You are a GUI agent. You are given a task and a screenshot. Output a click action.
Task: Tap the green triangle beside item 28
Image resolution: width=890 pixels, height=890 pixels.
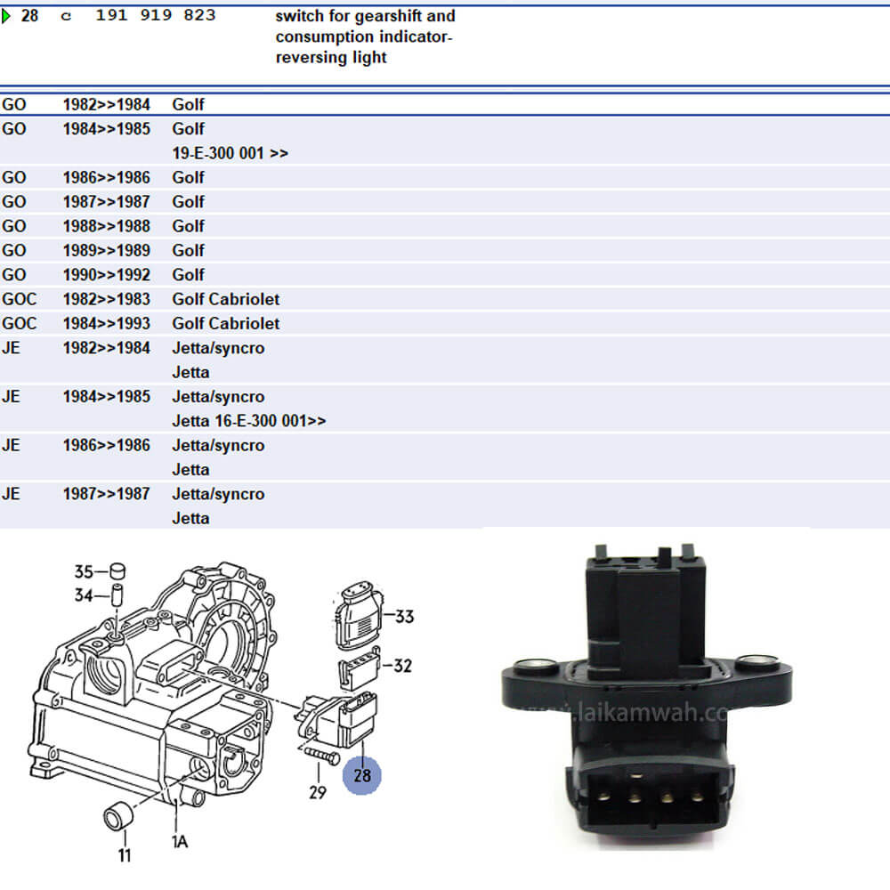click(6, 16)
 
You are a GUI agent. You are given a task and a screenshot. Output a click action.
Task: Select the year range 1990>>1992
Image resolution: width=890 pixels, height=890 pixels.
click(106, 275)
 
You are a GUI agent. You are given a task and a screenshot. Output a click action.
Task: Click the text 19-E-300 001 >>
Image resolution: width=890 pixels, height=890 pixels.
click(230, 153)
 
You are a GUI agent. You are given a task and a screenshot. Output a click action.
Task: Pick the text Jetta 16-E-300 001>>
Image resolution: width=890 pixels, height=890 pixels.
click(248, 421)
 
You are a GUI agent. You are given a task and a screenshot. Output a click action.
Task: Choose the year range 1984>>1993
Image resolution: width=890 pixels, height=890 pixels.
click(106, 324)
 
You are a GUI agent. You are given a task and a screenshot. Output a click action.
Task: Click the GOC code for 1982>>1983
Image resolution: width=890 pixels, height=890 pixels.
click(19, 299)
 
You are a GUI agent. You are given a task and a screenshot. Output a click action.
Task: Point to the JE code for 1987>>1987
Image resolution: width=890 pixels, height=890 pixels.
click(11, 494)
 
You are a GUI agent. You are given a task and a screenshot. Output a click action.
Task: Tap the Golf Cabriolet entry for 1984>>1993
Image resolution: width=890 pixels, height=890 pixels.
click(225, 324)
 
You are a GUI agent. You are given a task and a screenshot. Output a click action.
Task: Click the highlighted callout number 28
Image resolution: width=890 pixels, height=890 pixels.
click(362, 774)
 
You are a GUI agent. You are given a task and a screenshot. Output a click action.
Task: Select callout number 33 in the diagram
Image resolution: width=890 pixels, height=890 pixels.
click(404, 616)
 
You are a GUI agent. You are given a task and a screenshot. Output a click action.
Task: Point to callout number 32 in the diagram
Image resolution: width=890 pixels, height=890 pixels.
click(402, 665)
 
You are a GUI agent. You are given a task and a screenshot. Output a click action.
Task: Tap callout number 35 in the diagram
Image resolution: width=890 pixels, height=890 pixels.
click(84, 571)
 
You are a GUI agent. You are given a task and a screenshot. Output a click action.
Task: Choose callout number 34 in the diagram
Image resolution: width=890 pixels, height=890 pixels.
click(84, 595)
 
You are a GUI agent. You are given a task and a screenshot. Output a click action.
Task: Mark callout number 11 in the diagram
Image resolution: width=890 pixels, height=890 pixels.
click(125, 855)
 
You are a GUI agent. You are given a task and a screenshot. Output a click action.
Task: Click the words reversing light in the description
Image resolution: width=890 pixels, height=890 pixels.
click(331, 58)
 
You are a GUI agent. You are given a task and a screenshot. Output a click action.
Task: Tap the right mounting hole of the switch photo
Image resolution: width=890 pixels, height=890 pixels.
click(757, 660)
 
